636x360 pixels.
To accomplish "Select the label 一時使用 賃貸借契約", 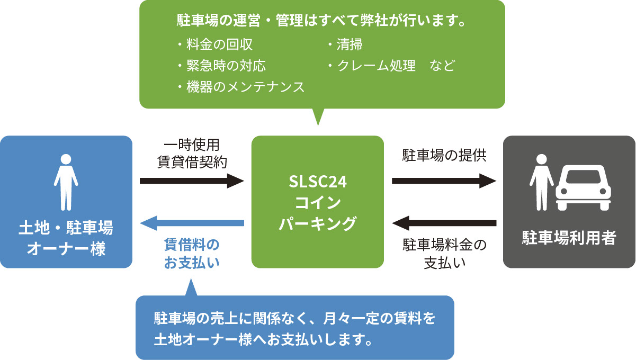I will (192, 154).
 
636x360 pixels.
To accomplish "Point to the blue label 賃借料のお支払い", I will (192, 254).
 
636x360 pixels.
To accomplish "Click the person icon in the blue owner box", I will (66, 182).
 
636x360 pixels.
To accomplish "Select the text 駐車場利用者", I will (569, 238).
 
